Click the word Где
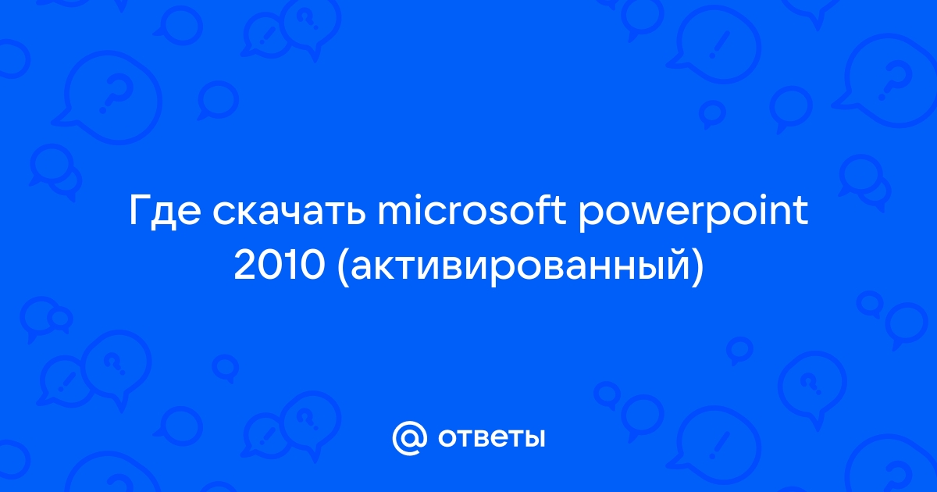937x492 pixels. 165,212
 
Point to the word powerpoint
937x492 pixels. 693,213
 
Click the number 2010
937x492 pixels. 280,266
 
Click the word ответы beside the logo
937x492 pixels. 491,438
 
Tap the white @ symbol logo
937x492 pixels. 409,438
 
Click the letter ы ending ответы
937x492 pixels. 533,438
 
